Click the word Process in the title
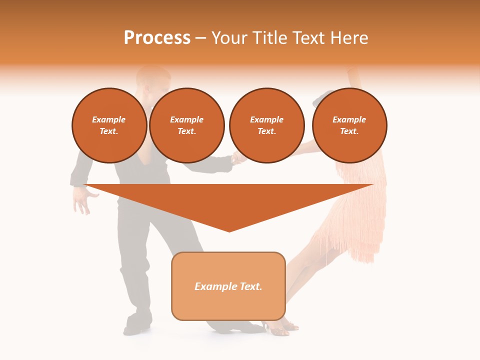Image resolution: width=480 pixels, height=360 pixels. [157, 38]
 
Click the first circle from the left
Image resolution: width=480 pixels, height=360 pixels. [109, 125]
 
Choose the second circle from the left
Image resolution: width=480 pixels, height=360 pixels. [187, 125]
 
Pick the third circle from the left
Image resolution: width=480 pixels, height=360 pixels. [267, 125]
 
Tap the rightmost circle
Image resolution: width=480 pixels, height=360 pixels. [349, 125]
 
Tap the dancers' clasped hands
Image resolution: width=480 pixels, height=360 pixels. [238, 159]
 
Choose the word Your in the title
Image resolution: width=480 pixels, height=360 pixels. [228, 38]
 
